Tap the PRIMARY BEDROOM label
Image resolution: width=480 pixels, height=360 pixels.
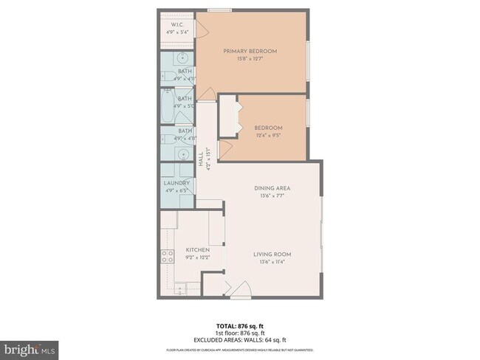(250, 51)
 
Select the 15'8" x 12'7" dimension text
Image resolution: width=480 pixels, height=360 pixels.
(250, 59)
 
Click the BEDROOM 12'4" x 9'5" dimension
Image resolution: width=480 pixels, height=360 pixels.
(268, 135)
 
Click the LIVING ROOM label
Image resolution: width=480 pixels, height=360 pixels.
(270, 255)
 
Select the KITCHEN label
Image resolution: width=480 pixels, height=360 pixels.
(198, 250)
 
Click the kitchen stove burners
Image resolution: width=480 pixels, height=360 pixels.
(168, 257)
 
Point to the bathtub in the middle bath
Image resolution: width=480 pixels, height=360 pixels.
(167, 105)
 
